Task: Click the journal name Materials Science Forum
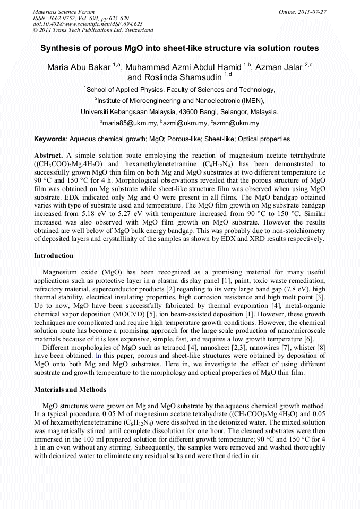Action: (x=64, y=11)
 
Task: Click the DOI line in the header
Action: (x=80, y=24)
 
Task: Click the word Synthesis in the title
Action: (x=60, y=48)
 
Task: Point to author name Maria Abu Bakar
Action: (x=79, y=67)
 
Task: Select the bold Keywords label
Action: (x=50, y=139)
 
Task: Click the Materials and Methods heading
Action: (x=70, y=389)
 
